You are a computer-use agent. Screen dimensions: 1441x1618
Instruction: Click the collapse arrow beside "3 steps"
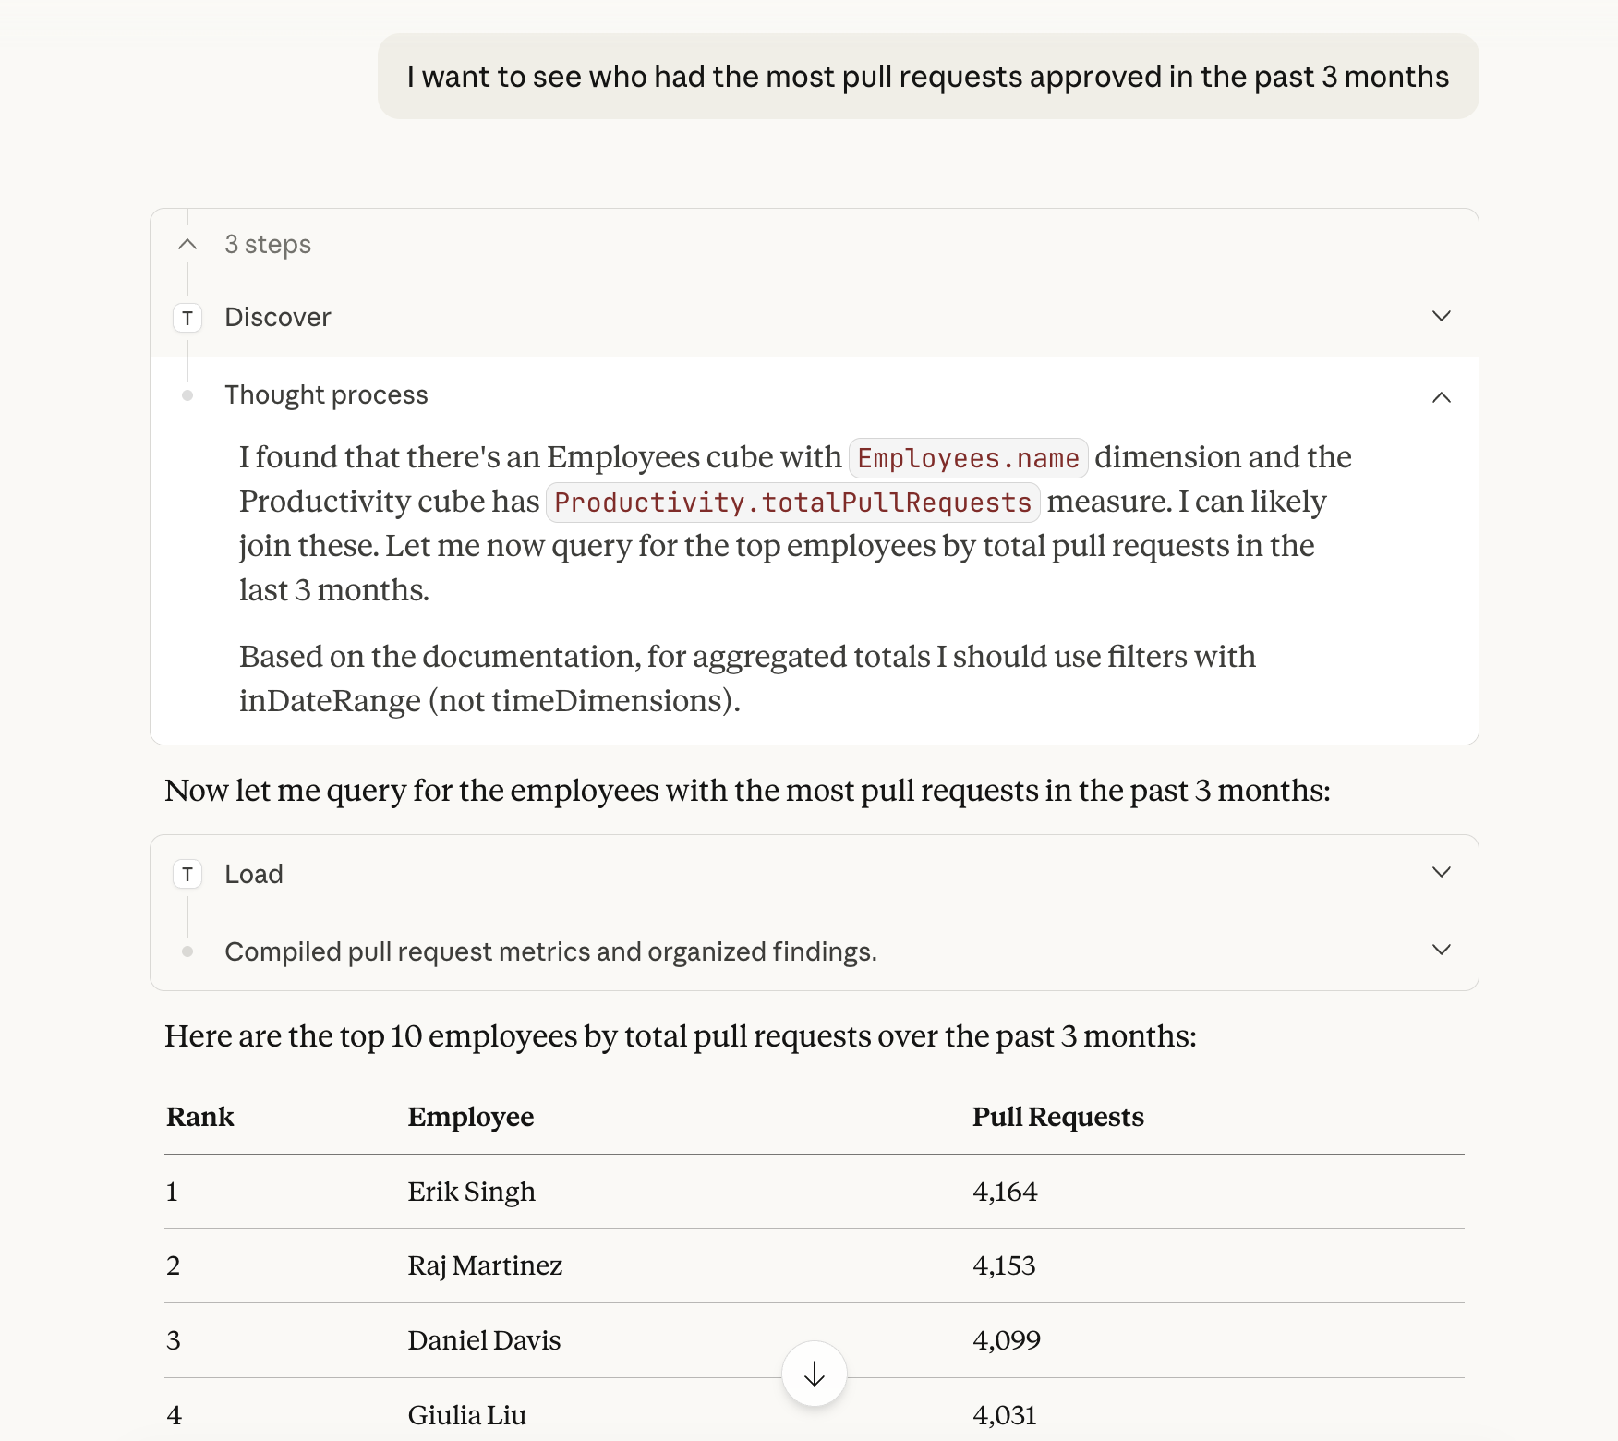[x=187, y=245]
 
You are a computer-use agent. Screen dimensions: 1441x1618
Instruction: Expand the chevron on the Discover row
[x=1441, y=317]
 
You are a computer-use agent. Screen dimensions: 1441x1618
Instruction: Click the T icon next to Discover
[x=187, y=319]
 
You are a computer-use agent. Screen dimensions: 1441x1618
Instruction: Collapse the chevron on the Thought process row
[x=1441, y=397]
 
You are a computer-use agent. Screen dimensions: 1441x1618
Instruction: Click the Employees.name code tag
[x=968, y=458]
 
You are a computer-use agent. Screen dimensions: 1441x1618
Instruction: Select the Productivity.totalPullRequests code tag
[x=792, y=503]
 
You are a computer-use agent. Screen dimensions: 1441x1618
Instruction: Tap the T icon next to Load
[x=187, y=875]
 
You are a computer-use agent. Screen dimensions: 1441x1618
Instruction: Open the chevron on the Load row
[x=1441, y=873]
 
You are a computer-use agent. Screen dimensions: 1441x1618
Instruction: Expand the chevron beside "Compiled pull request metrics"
[x=1441, y=951]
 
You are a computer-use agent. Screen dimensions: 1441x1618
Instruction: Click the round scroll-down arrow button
[x=814, y=1374]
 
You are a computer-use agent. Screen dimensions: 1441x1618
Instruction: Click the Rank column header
[x=200, y=1118]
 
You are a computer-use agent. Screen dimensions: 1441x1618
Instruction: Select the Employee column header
[x=471, y=1118]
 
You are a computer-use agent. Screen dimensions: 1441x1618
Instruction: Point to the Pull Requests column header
[x=1057, y=1118]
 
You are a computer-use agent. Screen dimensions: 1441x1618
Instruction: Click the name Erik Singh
[x=471, y=1193]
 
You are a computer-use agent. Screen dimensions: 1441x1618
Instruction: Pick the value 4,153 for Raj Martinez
[x=1004, y=1266]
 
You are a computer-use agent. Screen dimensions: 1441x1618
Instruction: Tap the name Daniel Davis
[x=484, y=1341]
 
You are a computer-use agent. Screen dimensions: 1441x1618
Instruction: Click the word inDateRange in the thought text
[x=330, y=702]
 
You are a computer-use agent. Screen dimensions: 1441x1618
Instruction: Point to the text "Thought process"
[x=326, y=395]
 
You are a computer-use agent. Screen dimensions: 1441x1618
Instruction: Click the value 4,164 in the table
[x=1005, y=1193]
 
